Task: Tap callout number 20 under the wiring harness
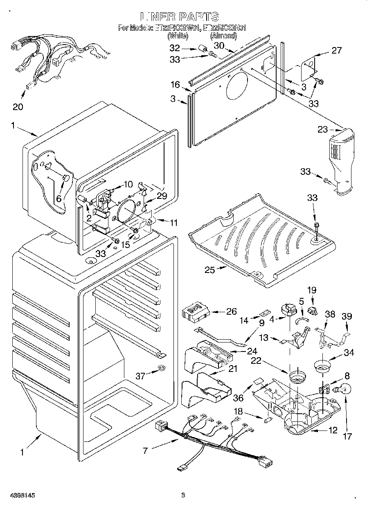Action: click(18, 107)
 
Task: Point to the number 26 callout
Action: click(231, 312)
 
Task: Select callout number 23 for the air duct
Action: click(323, 130)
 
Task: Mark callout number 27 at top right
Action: click(336, 51)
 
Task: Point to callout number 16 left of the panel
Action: click(175, 85)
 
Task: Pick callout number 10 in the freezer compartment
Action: click(128, 185)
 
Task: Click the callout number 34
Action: click(349, 353)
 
